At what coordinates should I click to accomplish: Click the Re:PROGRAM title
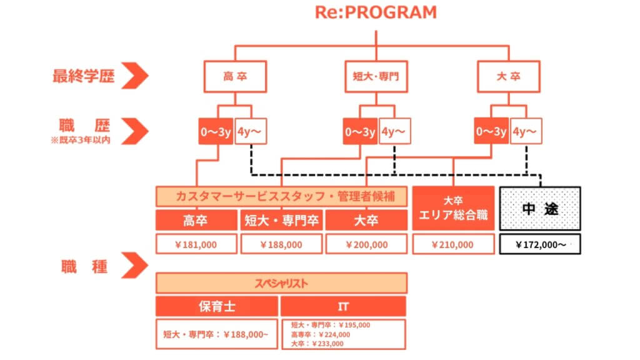(x=376, y=12)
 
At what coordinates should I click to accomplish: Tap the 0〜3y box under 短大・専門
(x=360, y=132)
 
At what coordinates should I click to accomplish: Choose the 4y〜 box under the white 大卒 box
(x=526, y=132)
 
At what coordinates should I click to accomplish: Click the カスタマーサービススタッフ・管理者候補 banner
(x=281, y=196)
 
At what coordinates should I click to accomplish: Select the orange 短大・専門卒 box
(x=282, y=221)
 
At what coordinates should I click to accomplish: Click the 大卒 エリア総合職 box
(x=453, y=209)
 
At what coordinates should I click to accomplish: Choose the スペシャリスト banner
(x=281, y=282)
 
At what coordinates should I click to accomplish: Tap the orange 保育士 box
(x=216, y=306)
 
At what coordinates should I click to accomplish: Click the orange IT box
(x=343, y=306)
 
